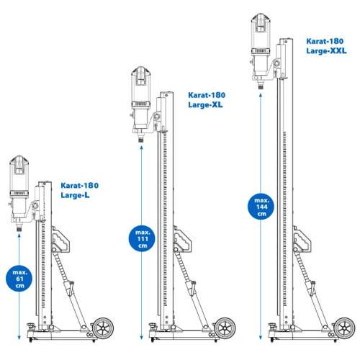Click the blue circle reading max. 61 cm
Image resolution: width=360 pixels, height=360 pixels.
19,279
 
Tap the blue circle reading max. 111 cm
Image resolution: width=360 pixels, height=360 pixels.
142,239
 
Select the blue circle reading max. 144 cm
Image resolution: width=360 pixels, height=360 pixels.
261,207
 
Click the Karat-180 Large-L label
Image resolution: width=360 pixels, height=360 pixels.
80,190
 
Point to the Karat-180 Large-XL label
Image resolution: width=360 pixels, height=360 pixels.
207,100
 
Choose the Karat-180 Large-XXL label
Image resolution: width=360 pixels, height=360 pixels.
326,46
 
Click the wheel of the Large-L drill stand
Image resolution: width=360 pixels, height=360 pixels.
103,328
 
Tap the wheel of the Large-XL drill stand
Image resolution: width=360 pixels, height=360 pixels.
225,328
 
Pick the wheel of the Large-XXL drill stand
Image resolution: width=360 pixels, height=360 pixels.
345,328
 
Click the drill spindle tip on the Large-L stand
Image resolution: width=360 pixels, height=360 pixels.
19,230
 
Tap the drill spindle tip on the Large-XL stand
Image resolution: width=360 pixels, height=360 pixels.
141,140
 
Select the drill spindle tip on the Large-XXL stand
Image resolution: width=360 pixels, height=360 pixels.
261,87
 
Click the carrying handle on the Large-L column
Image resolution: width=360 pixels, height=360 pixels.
60,239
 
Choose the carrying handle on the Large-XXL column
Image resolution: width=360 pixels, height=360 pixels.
302,239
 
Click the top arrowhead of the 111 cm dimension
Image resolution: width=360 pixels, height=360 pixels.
142,148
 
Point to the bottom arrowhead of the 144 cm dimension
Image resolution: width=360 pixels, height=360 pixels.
261,338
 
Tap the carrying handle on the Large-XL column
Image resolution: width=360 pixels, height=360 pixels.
182,239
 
